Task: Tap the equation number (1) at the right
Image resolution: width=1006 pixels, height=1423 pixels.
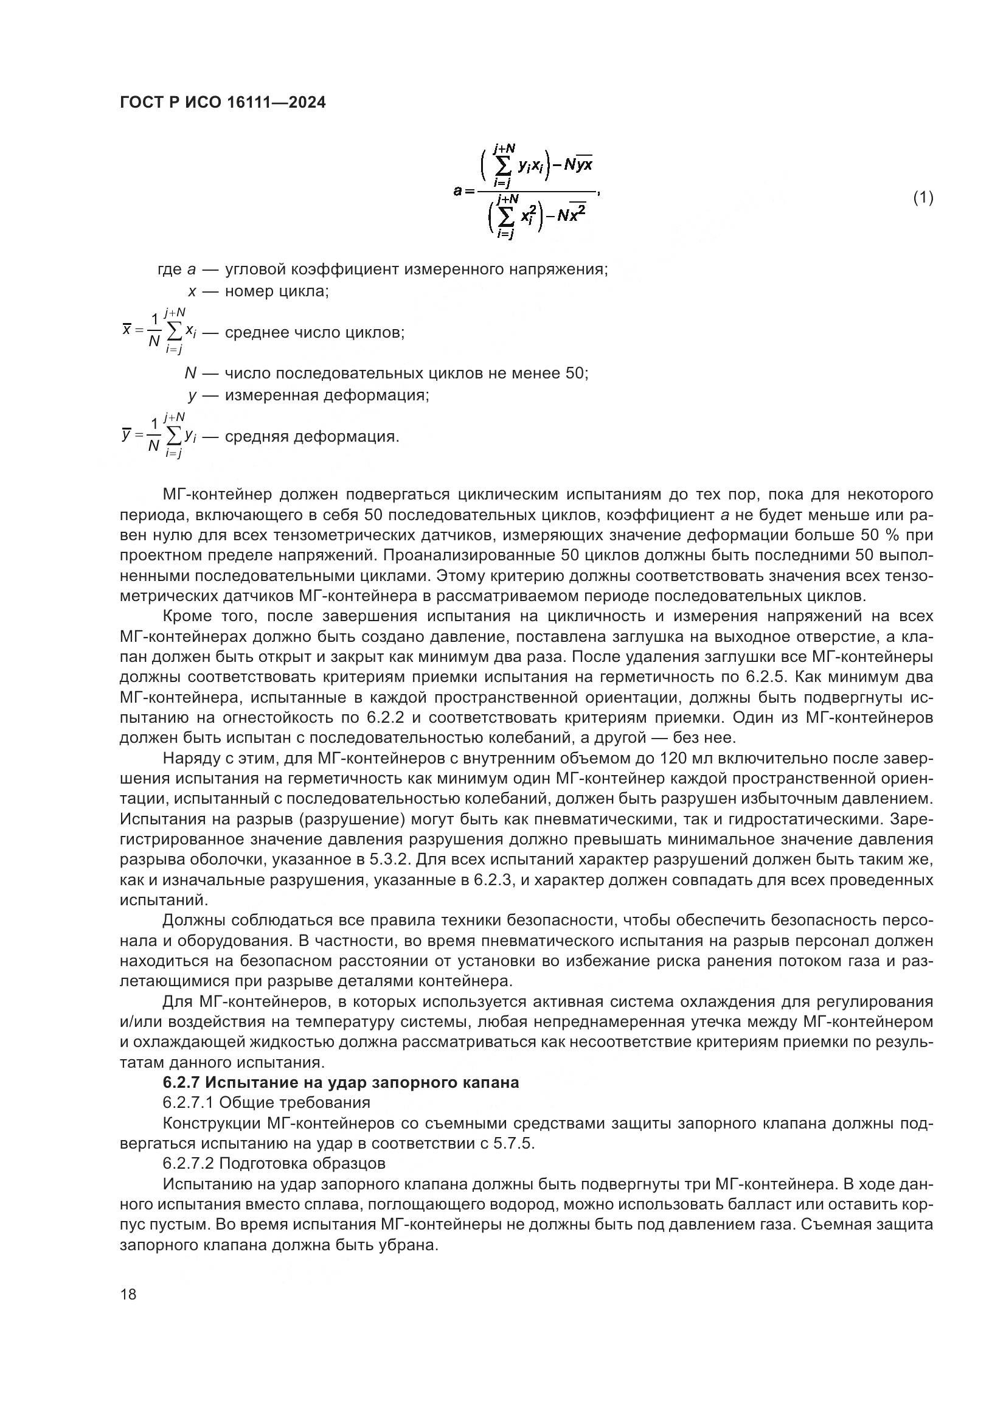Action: click(x=923, y=198)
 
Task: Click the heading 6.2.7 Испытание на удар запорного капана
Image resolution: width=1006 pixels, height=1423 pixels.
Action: click(x=341, y=1083)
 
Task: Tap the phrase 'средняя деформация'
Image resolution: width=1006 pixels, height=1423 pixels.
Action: click(x=311, y=437)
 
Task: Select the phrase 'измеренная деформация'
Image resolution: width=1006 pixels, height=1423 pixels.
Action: click(x=327, y=395)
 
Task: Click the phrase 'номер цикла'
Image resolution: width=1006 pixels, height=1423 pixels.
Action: click(x=276, y=291)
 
